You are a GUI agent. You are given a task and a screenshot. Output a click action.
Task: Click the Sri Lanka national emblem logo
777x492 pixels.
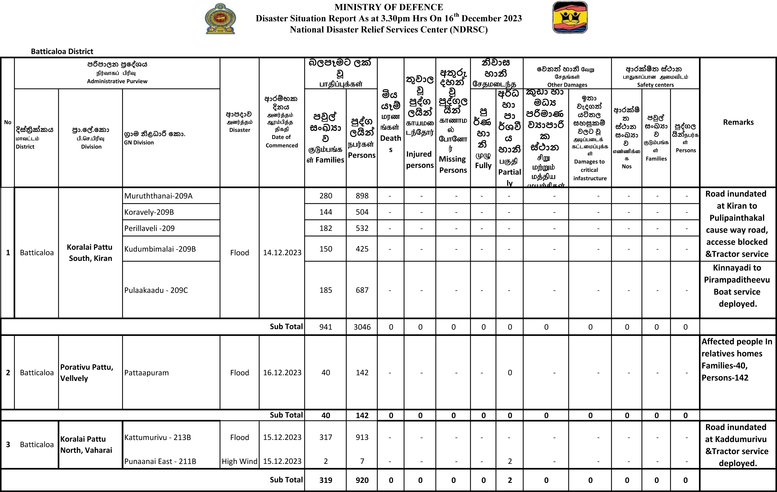[x=221, y=19]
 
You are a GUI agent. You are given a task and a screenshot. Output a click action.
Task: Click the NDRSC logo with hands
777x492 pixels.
[x=570, y=17]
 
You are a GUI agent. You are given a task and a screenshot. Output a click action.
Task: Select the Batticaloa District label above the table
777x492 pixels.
[x=62, y=51]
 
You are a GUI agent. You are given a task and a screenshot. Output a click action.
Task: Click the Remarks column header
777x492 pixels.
[x=738, y=122]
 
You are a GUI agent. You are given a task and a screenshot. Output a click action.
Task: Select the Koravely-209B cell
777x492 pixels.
[x=149, y=212]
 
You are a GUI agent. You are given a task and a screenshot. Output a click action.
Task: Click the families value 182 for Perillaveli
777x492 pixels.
[x=326, y=228]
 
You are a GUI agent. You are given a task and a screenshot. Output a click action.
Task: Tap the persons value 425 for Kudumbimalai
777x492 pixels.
[x=362, y=249]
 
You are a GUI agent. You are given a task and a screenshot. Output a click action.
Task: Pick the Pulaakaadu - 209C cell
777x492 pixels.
[x=156, y=290]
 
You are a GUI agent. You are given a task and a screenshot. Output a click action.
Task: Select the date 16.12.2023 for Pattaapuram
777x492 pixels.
[x=282, y=373]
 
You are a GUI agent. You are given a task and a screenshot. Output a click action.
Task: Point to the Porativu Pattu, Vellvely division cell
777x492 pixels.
[x=87, y=373]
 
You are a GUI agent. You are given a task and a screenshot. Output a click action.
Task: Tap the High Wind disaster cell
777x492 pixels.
[x=239, y=461]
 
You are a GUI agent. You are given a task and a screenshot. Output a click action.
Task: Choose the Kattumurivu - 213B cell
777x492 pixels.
[x=157, y=437]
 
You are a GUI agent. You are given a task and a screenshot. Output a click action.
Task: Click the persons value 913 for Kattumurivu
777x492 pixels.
[x=362, y=437]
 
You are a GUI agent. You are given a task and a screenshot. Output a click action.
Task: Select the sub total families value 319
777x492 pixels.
[x=326, y=480]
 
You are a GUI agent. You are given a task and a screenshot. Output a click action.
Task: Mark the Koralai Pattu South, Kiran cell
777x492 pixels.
[x=90, y=252]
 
